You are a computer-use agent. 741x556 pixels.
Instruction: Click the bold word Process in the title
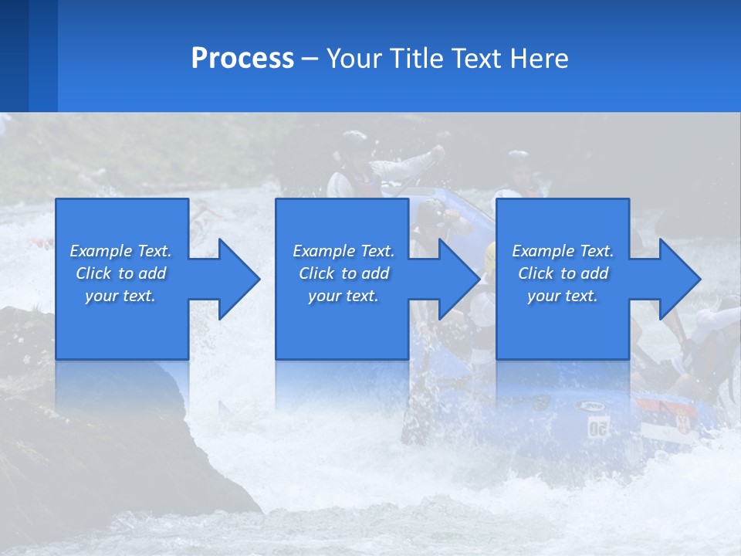(x=242, y=59)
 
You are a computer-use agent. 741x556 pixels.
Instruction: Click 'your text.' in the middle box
(x=343, y=296)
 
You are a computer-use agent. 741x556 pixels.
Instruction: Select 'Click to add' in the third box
(x=563, y=273)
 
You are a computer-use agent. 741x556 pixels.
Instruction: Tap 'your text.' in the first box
(x=120, y=296)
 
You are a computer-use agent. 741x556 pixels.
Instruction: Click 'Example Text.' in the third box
(x=563, y=251)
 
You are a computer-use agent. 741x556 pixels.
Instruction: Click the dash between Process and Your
(x=310, y=59)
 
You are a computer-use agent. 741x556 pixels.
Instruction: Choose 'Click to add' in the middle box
(x=343, y=273)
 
